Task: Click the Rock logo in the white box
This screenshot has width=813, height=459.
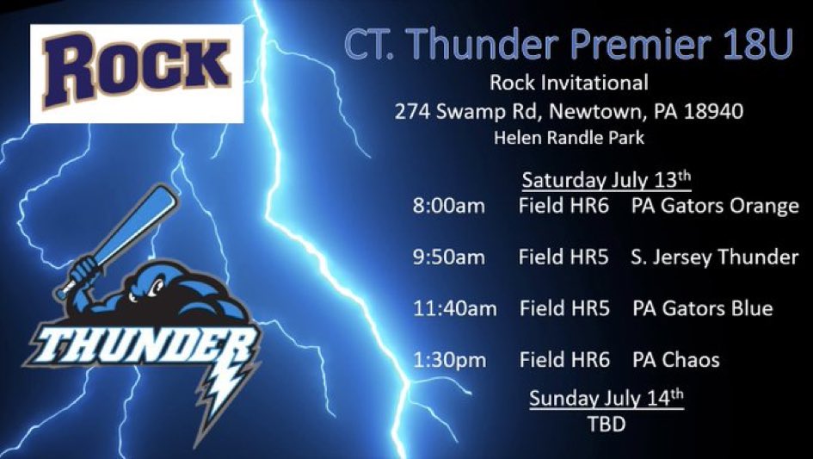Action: tap(137, 72)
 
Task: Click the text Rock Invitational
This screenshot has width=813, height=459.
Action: tap(569, 84)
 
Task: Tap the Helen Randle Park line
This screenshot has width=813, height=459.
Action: tap(569, 137)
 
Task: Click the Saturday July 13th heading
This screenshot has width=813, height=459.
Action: tap(606, 181)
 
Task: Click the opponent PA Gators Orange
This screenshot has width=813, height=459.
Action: tap(715, 207)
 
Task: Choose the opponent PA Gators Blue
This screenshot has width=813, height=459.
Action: tap(702, 308)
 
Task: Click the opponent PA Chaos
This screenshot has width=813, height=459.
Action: tap(675, 359)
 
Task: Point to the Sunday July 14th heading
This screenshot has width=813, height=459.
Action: tap(606, 399)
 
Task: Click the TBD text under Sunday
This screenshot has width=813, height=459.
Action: tap(606, 425)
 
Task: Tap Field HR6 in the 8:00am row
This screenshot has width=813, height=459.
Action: tap(564, 207)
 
